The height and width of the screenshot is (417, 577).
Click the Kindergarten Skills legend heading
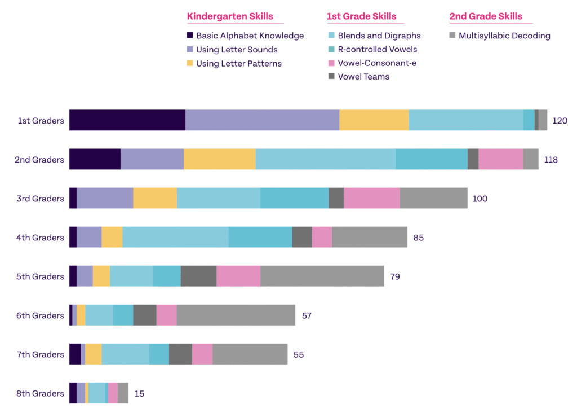tap(230, 16)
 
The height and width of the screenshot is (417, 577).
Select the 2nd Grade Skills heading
tap(486, 16)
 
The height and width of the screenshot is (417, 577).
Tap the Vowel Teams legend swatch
tap(331, 77)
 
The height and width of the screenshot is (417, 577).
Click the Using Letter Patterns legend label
tap(239, 63)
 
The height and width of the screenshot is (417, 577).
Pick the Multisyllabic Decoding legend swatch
tap(452, 36)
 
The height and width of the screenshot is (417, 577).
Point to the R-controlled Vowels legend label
tap(378, 49)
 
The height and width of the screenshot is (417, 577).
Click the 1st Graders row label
tap(41, 121)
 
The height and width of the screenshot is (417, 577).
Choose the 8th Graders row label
tap(40, 393)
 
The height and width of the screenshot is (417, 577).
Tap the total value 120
tap(560, 121)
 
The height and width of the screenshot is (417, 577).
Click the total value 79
tap(395, 276)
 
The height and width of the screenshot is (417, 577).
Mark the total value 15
tap(139, 393)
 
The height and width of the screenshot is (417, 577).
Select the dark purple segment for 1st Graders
tap(127, 120)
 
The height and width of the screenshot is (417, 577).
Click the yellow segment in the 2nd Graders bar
tap(219, 159)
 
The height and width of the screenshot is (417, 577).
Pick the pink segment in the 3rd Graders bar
tap(371, 198)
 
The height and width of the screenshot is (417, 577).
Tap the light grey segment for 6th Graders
tap(236, 315)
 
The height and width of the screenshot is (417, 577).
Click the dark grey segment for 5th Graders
tap(198, 276)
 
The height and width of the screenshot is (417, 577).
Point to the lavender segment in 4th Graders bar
tap(89, 237)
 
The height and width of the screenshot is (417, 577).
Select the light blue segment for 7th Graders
tap(125, 354)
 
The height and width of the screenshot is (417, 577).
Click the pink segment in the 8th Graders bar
tap(113, 393)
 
